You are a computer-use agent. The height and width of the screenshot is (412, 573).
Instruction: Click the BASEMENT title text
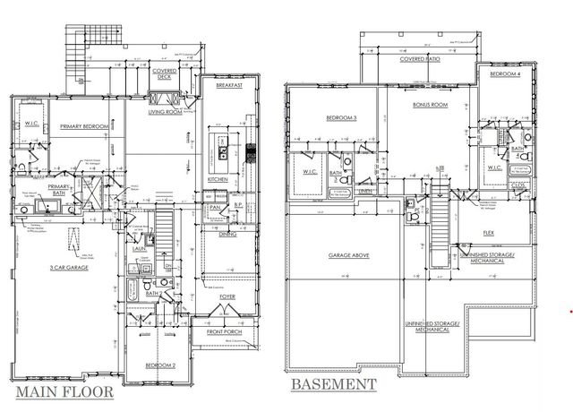pyautogui.click(x=331, y=385)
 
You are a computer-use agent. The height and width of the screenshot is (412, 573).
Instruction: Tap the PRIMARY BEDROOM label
pyautogui.click(x=84, y=127)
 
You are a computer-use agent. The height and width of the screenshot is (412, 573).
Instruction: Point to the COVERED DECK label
pyautogui.click(x=163, y=74)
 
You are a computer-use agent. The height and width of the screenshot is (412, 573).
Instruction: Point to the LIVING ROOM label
pyautogui.click(x=166, y=114)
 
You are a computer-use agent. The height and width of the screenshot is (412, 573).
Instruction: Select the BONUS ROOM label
pyautogui.click(x=428, y=105)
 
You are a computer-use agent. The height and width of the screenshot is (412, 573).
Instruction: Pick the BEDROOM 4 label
pyautogui.click(x=508, y=73)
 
